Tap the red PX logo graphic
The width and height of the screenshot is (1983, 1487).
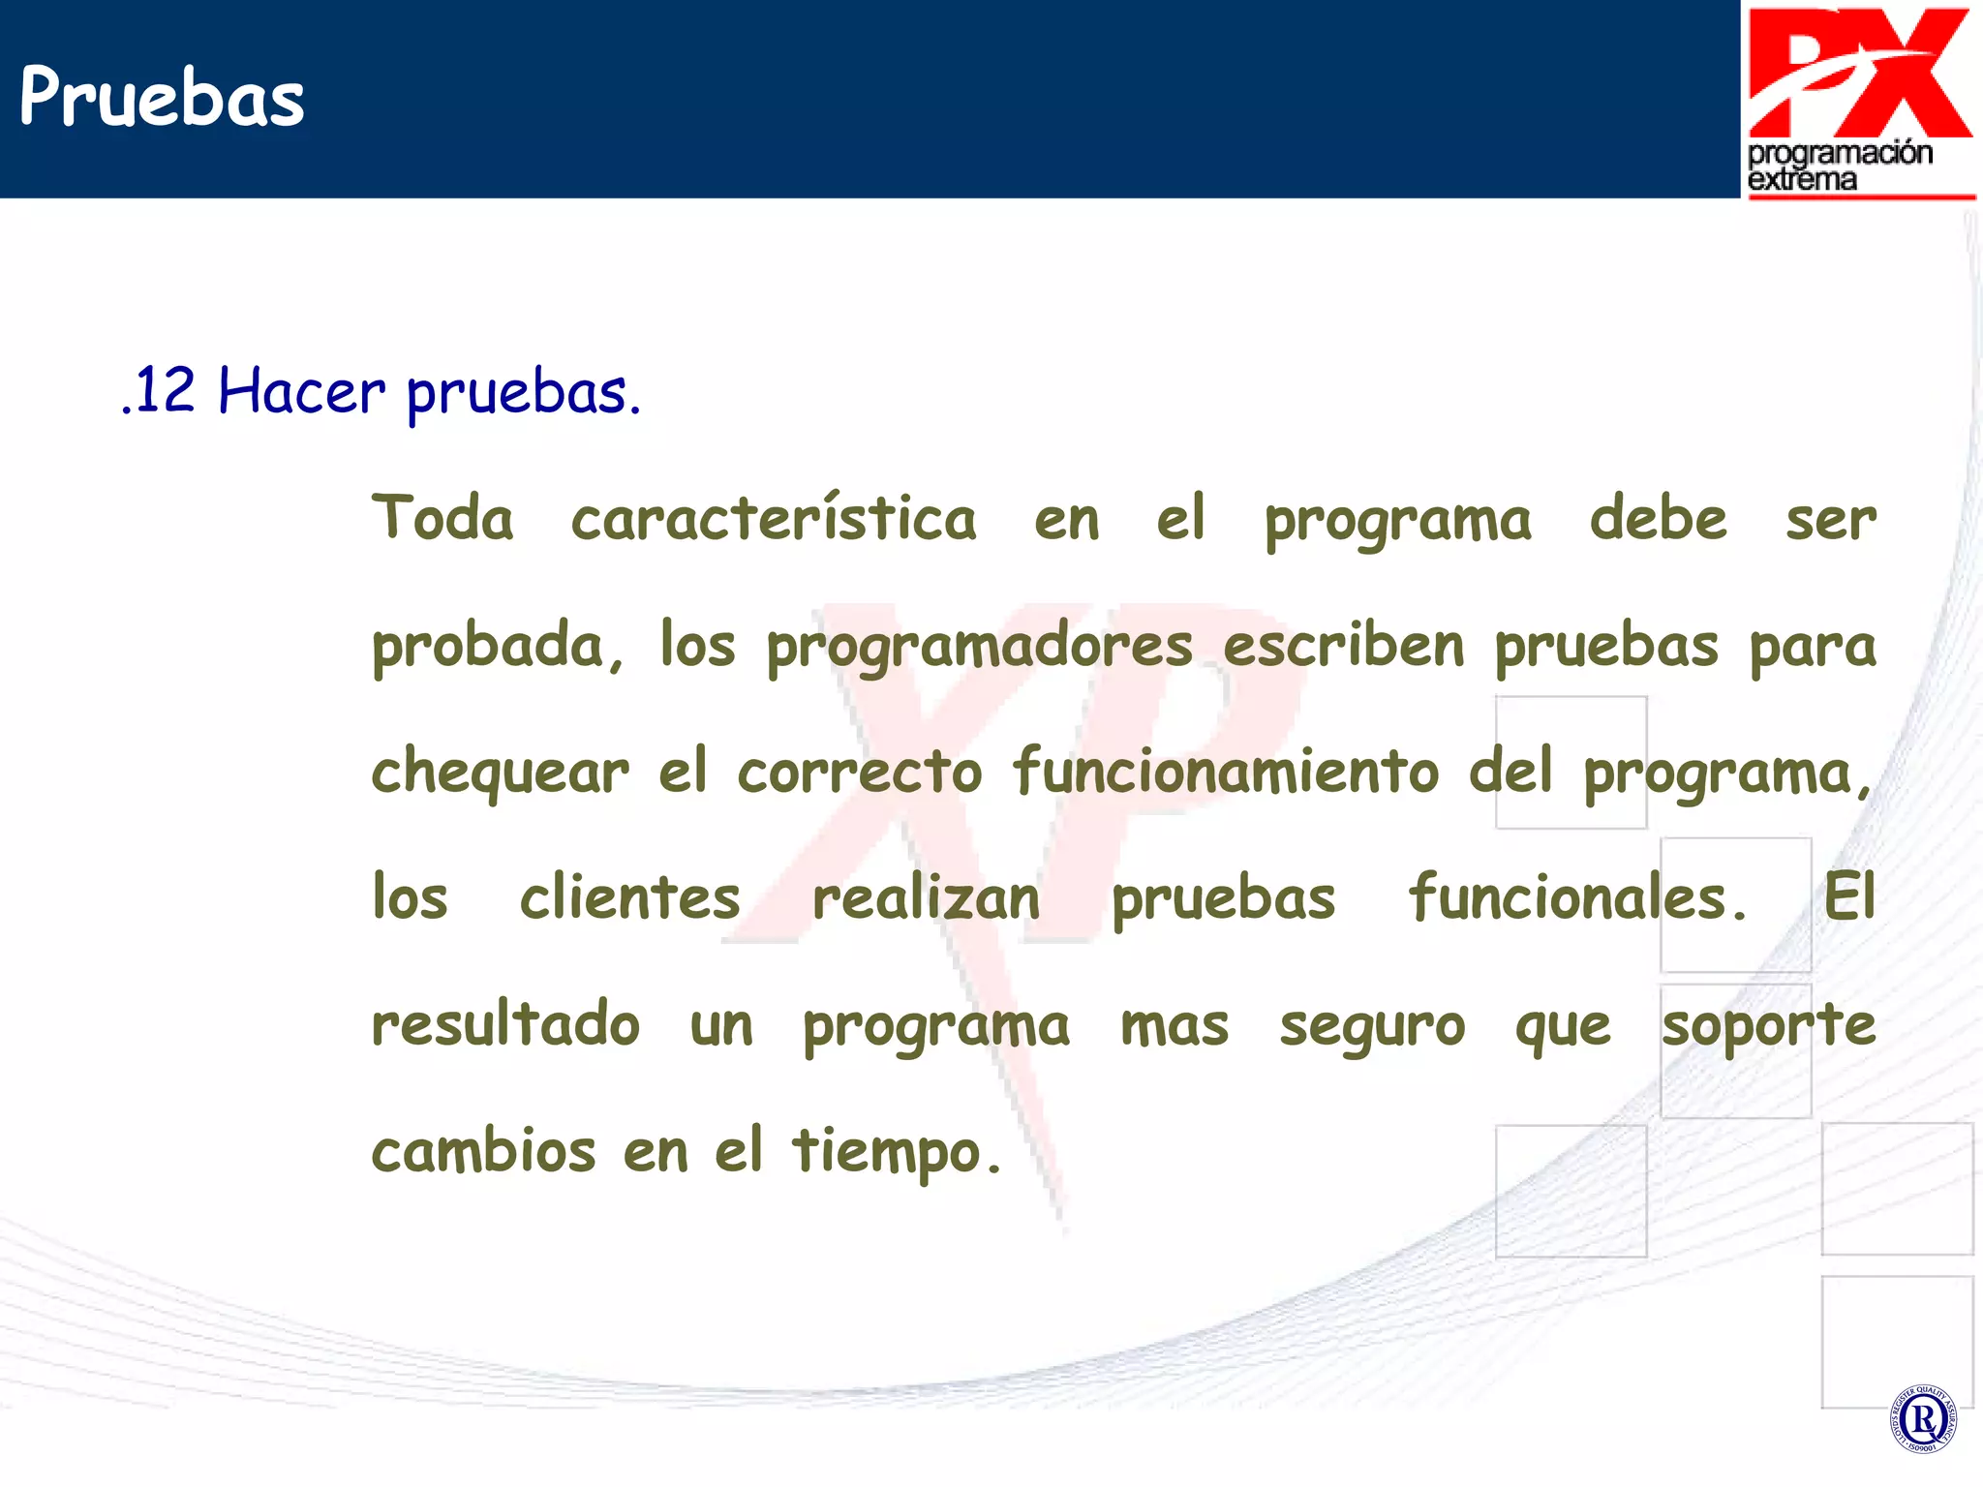[1859, 73]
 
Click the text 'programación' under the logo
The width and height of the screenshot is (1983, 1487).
[1840, 153]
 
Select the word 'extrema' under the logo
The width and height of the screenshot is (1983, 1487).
[1802, 179]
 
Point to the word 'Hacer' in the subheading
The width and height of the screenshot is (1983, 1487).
[301, 392]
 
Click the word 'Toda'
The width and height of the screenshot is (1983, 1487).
[442, 518]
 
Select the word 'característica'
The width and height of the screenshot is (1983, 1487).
[773, 518]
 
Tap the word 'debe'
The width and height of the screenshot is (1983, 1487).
[1657, 518]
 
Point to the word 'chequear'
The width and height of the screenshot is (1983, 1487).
[500, 774]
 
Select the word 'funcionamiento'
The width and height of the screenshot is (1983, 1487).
[1225, 772]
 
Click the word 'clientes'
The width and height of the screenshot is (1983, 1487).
[629, 897]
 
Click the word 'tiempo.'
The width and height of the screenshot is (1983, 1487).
[896, 1152]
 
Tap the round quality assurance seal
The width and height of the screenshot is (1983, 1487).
[1923, 1418]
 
